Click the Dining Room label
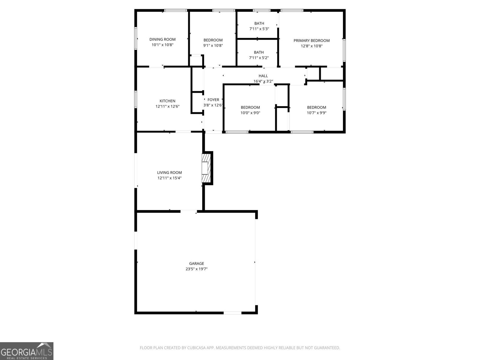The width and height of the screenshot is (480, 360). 162,39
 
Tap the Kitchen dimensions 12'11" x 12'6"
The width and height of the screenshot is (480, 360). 167,106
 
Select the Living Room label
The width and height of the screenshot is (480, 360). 169,172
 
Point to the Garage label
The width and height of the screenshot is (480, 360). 196,264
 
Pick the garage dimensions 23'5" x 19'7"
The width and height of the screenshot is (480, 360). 196,269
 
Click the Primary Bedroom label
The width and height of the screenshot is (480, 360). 311,40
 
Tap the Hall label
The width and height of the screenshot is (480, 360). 263,76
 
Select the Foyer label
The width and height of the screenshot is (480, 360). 213,100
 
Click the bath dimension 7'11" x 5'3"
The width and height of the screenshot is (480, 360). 259,29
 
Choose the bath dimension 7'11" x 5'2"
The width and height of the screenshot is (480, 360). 259,58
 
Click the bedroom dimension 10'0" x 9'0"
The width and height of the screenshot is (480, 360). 250,113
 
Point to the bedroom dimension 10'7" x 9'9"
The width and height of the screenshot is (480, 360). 316,113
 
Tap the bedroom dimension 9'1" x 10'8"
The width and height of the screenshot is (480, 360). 213,46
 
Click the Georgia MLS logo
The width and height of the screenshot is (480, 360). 27,351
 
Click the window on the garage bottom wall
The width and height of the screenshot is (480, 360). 232,313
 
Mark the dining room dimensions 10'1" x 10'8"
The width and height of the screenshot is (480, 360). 162,45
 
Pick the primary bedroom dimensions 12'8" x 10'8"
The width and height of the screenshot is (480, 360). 311,46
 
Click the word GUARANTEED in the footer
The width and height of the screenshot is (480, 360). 327,348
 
